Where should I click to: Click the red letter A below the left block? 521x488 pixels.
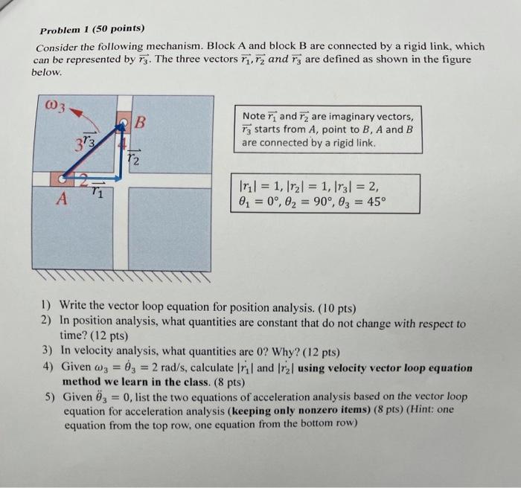63,199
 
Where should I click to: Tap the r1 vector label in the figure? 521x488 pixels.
97,193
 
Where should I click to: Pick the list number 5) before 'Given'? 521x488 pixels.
47,397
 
